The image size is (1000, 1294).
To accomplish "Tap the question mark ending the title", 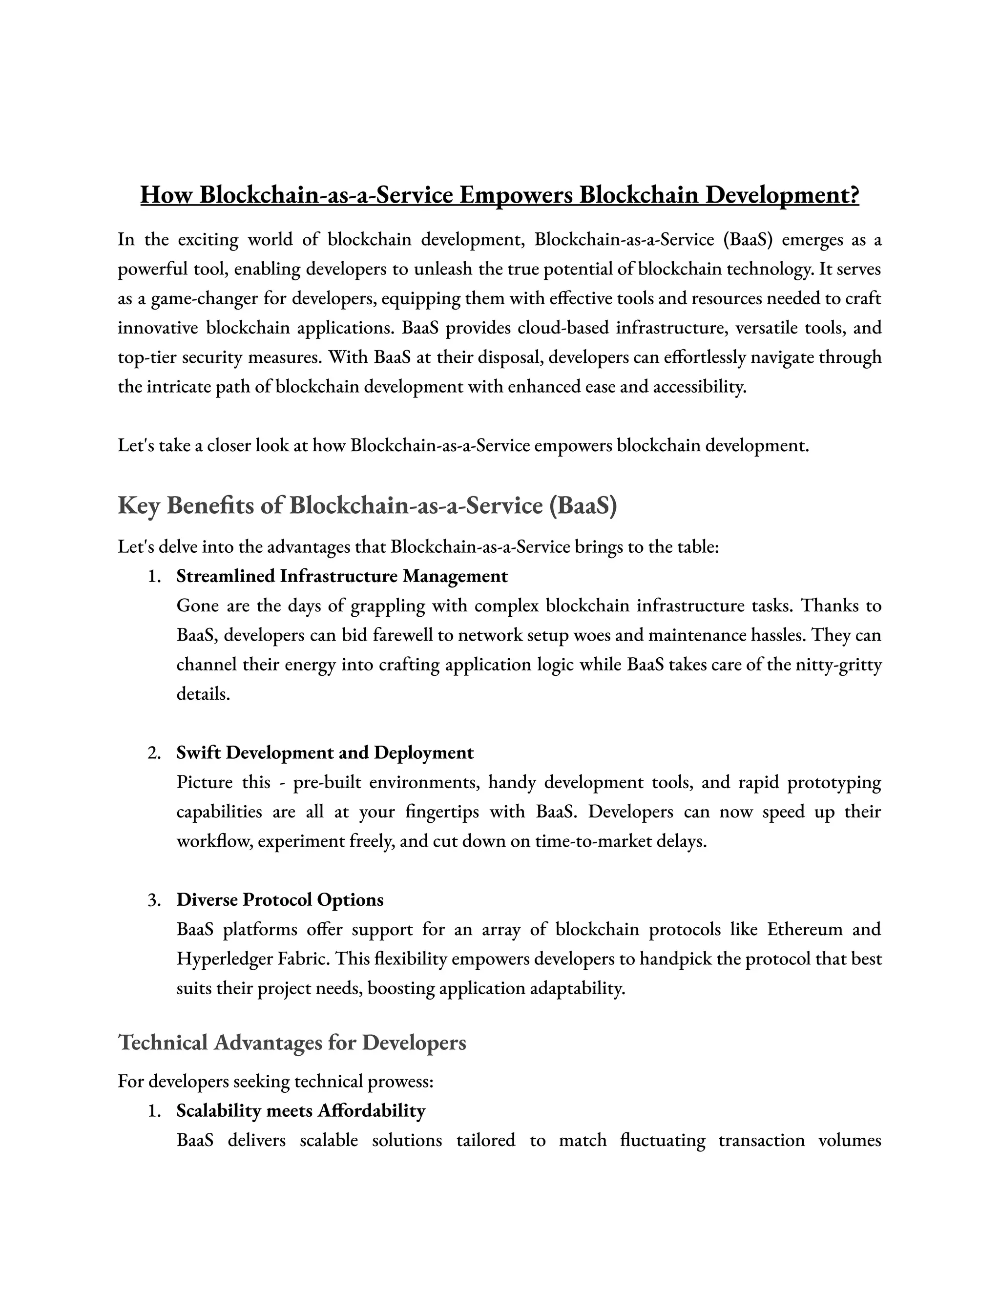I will click(854, 195).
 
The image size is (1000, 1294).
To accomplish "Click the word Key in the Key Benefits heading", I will click(139, 505).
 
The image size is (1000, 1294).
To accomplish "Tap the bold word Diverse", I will click(207, 899).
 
